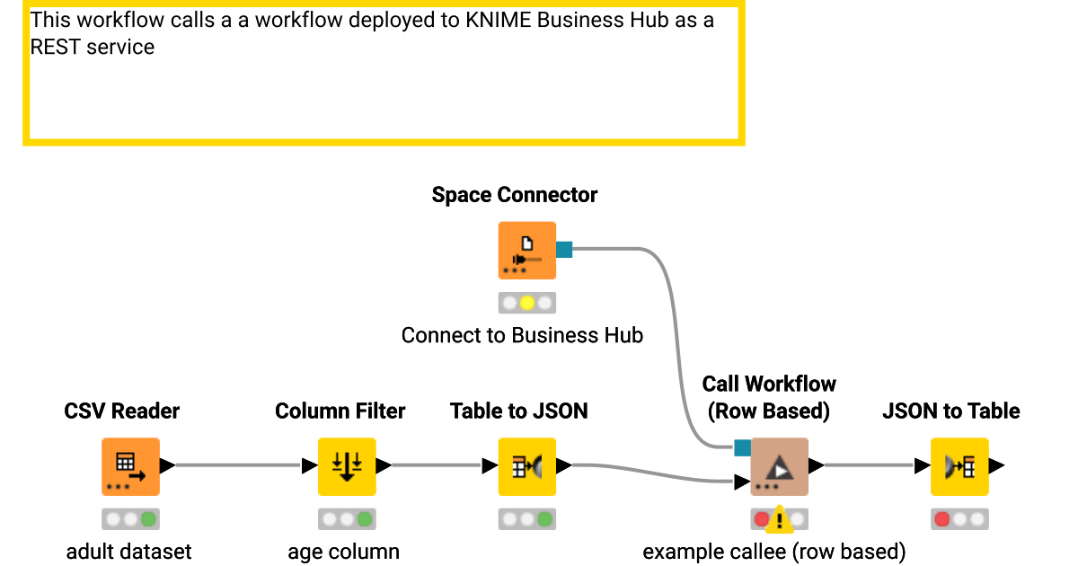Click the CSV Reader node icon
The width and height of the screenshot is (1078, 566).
tap(130, 466)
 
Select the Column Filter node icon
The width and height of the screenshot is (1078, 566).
tap(347, 466)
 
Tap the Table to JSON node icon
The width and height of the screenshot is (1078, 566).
tap(527, 466)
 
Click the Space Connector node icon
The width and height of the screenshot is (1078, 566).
tap(527, 251)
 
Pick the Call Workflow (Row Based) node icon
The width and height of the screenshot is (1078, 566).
tap(779, 466)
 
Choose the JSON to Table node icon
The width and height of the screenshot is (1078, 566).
tap(959, 466)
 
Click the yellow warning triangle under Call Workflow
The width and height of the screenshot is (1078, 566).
tap(780, 518)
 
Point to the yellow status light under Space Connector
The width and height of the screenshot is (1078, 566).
tap(527, 303)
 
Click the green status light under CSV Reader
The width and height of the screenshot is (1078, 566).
tap(148, 519)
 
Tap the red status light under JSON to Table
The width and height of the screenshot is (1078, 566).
tap(942, 519)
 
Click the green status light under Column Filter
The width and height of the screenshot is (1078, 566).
tap(364, 519)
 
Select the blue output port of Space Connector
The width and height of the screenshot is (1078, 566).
tap(564, 250)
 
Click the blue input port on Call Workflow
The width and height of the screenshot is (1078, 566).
tap(742, 447)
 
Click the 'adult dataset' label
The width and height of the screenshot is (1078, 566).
tap(129, 551)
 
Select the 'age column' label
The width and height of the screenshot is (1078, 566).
tap(343, 551)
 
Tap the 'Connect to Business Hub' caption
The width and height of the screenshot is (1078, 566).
tap(522, 335)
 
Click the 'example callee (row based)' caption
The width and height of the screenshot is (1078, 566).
tap(773, 551)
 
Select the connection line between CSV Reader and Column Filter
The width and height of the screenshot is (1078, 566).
tap(238, 465)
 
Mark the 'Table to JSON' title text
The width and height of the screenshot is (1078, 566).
tap(518, 411)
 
